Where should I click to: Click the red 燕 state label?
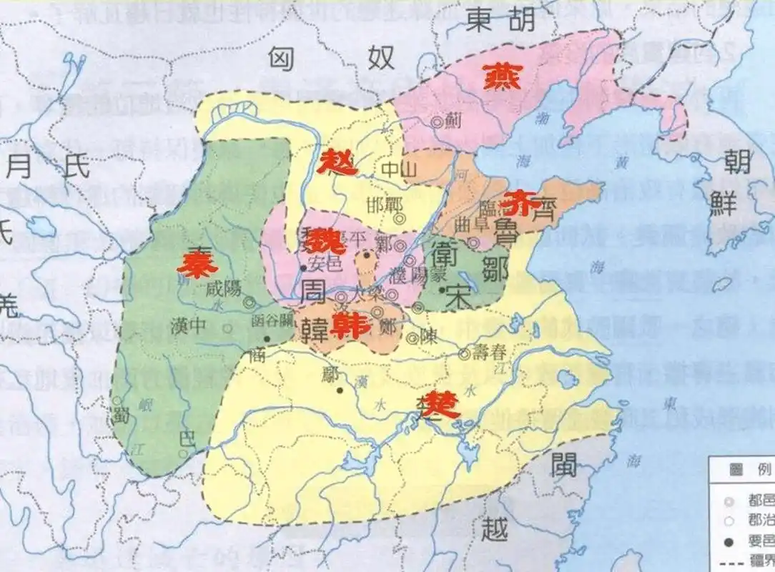click(498, 76)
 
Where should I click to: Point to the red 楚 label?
click(438, 405)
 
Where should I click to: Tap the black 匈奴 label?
click(331, 59)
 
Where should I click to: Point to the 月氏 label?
click(48, 167)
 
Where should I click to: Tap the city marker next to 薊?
click(437, 122)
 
